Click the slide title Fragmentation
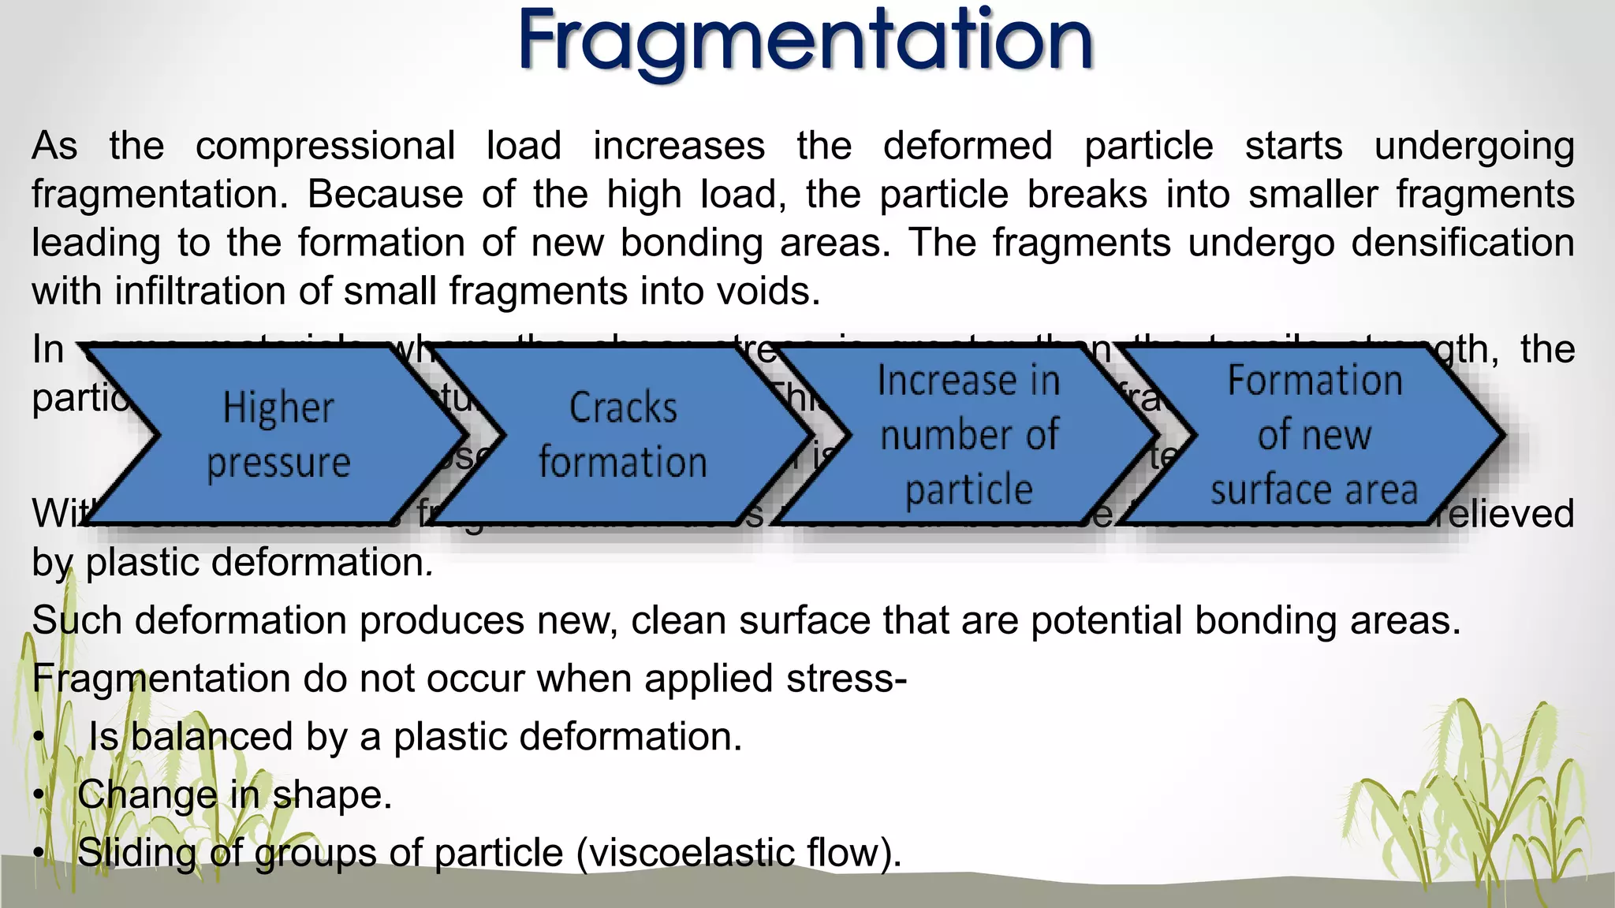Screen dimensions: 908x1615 tap(805, 41)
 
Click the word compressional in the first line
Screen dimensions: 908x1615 tap(325, 147)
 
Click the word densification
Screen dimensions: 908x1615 tap(1463, 243)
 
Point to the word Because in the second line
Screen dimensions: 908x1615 tap(385, 195)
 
